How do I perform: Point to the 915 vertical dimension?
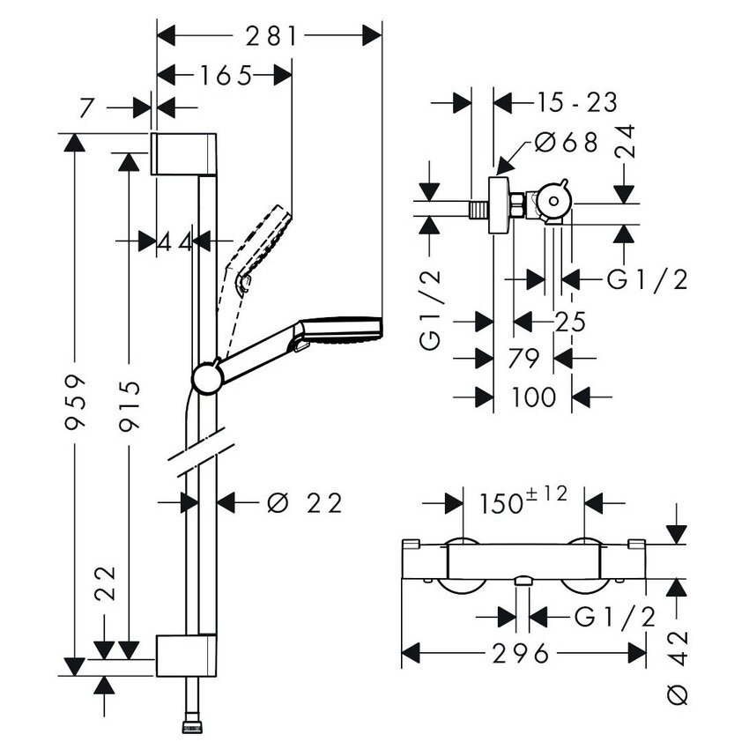[129, 404]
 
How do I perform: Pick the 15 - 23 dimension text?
[576, 102]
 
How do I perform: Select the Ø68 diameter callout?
[567, 141]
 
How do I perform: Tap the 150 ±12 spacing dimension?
[523, 502]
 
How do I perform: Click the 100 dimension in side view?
[532, 397]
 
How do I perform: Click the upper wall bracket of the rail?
[184, 154]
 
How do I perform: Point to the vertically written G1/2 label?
[429, 311]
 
